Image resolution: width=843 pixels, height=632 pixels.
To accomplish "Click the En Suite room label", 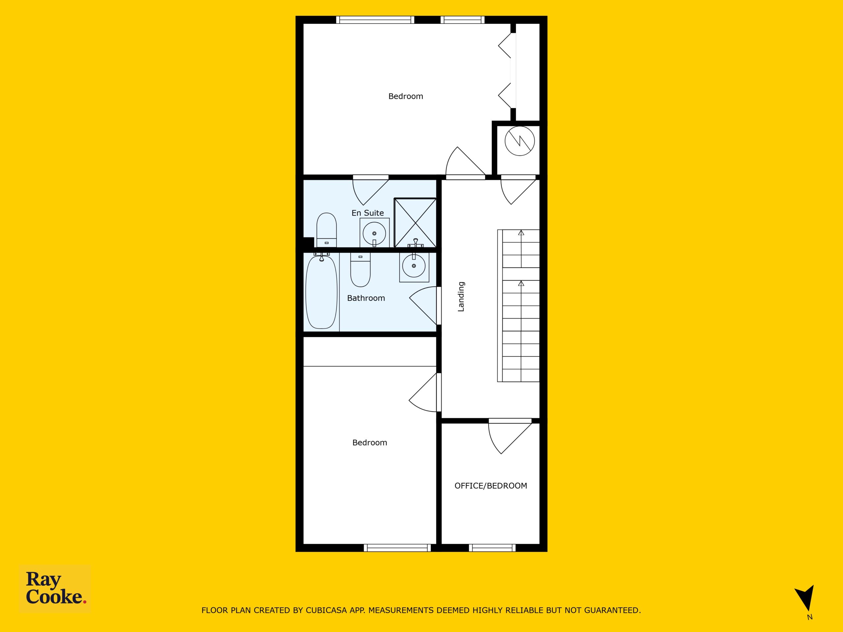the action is pos(367,213).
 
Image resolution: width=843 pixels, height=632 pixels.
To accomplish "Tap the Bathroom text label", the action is pos(366,298).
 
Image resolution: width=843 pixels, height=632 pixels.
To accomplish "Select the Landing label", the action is pos(461,296).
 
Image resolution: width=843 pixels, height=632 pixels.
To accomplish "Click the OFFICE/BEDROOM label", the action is pos(491,486).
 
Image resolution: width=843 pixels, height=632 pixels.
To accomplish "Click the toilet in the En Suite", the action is pos(327,230).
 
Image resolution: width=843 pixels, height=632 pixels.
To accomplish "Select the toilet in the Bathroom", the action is pos(360,270).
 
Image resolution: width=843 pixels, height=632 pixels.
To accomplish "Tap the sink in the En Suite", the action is pos(374,232).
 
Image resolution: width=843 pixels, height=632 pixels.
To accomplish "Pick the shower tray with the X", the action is pos(415,223).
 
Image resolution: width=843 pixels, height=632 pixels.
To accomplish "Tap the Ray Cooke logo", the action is pos(55,588).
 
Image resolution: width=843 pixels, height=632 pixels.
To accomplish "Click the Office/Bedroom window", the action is pos(492,548).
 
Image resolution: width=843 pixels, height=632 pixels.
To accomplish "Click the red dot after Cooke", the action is pos(85,601).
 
